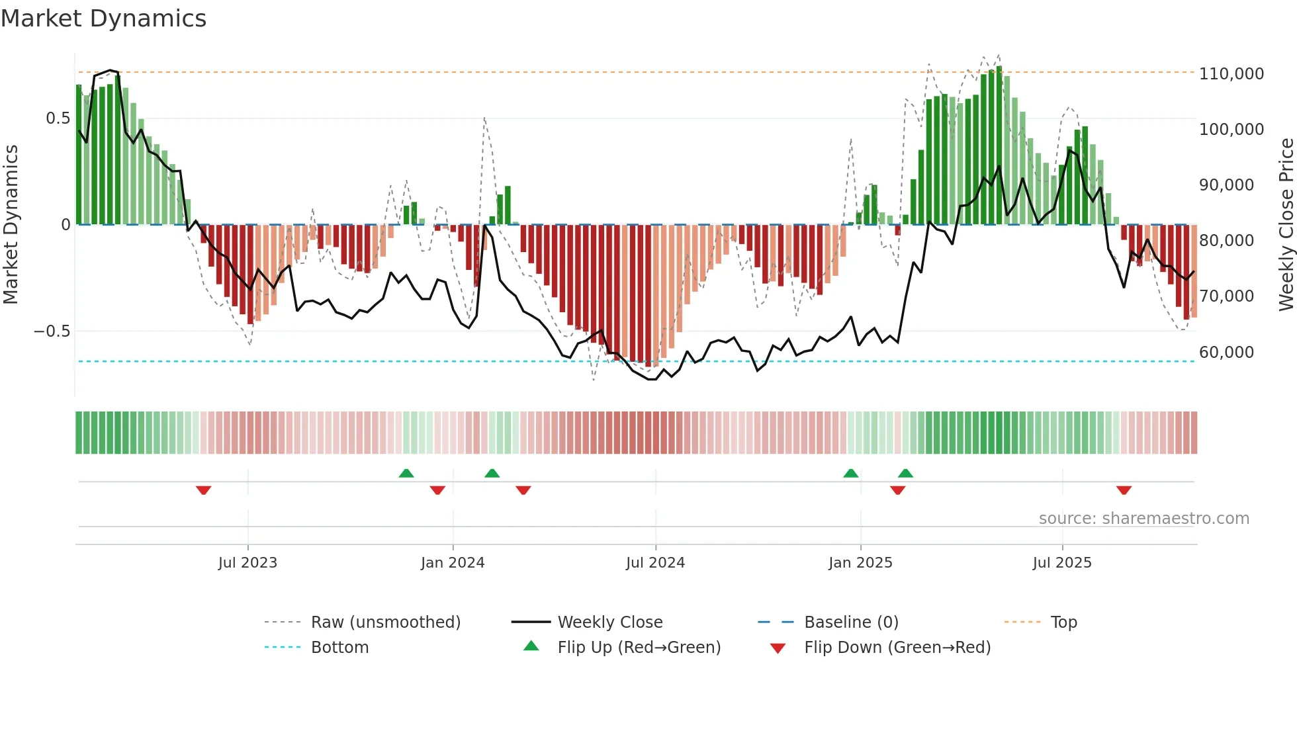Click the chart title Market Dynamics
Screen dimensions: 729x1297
click(103, 19)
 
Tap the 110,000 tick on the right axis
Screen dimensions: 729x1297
click(1231, 73)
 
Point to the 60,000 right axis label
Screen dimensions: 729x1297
click(1226, 352)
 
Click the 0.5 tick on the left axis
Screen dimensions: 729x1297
click(58, 118)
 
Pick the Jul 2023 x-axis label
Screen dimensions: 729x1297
click(247, 563)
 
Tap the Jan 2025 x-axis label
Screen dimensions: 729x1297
click(860, 563)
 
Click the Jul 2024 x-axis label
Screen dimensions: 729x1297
click(655, 563)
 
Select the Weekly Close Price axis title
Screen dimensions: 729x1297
click(1286, 224)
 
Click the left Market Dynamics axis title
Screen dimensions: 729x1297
click(11, 224)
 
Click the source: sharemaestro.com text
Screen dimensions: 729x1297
click(1143, 519)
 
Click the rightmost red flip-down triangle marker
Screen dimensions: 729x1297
click(1124, 490)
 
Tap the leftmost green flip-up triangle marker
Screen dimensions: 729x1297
click(406, 473)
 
